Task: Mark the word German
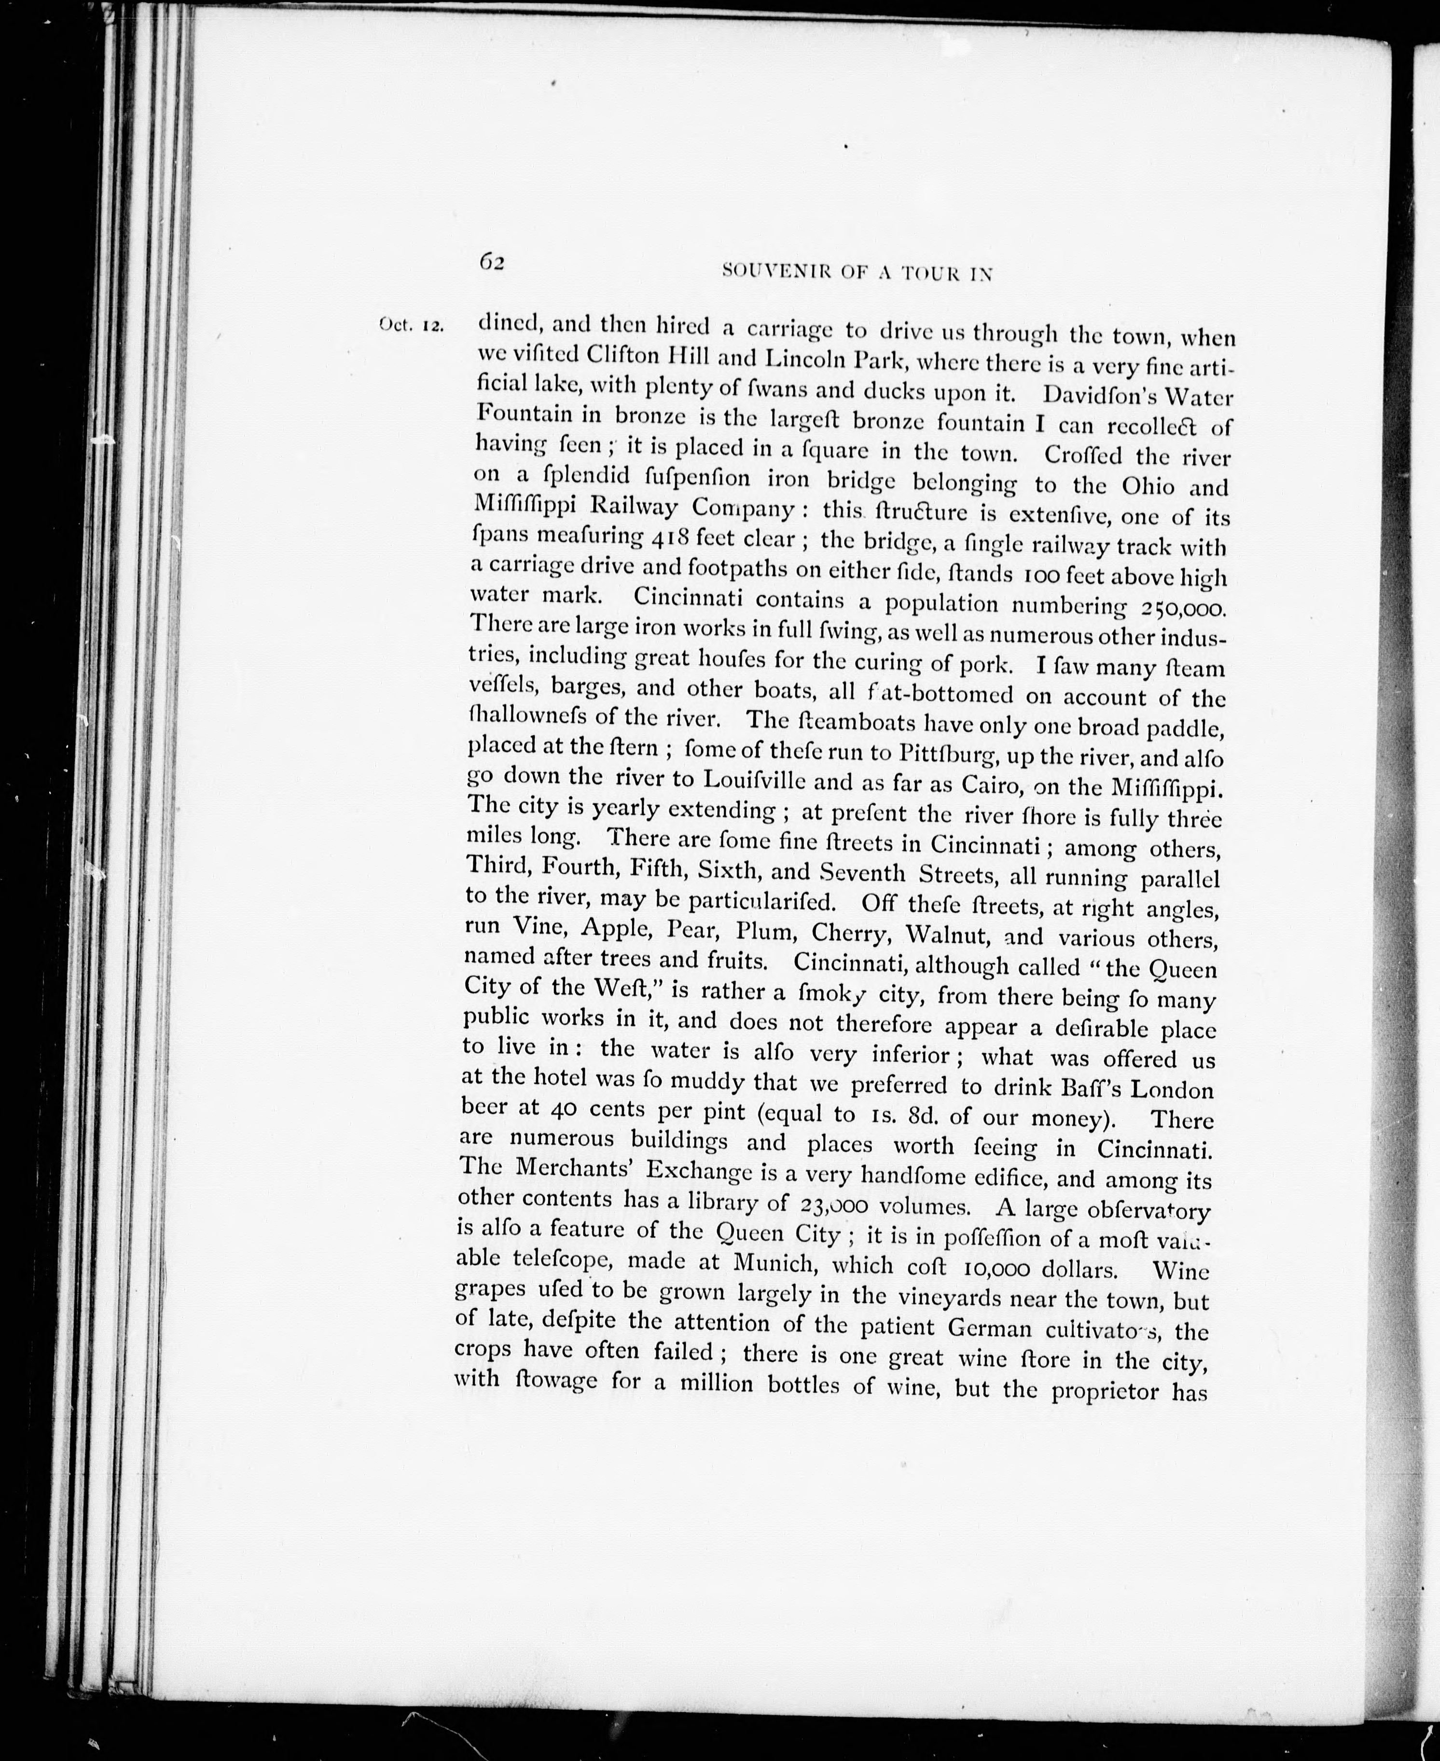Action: [x=990, y=1328]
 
